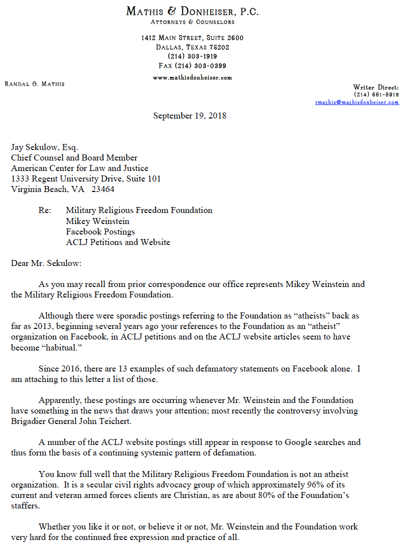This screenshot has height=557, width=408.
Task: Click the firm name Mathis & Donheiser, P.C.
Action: tap(192, 11)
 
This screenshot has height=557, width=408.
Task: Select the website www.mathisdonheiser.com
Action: tap(192, 77)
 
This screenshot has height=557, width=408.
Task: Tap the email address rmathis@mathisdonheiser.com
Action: tap(357, 102)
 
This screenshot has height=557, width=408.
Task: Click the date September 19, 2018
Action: tap(190, 115)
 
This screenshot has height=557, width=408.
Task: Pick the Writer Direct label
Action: tap(376, 87)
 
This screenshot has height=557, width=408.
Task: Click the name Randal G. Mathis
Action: tap(35, 83)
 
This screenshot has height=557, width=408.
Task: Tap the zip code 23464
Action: tap(103, 189)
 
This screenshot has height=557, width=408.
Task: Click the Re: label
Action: tap(45, 210)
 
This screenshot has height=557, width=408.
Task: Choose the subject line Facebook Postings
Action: tap(100, 231)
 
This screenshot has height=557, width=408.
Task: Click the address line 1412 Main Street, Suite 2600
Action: tap(192, 38)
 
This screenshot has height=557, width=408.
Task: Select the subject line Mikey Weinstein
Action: tap(98, 221)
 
